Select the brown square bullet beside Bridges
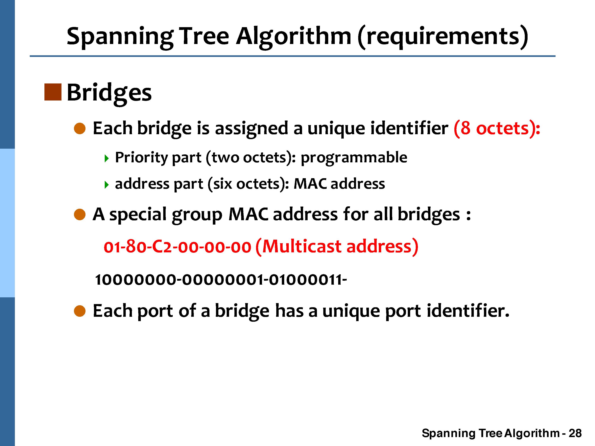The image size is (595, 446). [x=53, y=92]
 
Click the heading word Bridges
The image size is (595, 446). [x=109, y=93]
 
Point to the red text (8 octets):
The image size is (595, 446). [x=497, y=128]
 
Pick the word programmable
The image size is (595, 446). [x=354, y=158]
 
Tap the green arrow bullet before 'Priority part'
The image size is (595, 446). [x=107, y=159]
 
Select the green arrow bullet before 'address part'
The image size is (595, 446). [x=107, y=185]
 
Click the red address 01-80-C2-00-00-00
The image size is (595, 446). [x=178, y=247]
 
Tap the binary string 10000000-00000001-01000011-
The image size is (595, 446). [x=221, y=280]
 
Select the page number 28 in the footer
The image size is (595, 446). [x=575, y=433]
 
